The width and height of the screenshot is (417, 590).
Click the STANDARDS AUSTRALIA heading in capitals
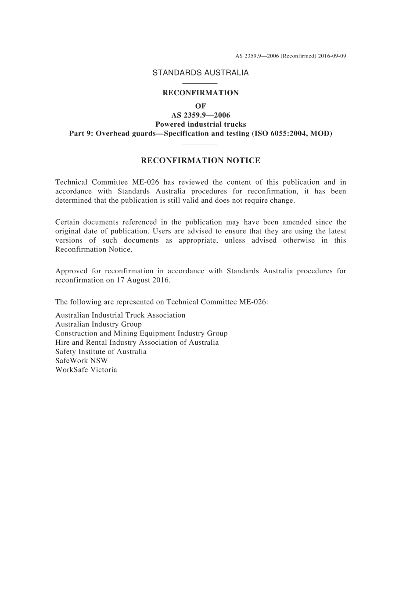pos(201,73)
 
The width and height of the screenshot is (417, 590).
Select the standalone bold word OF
pos(201,106)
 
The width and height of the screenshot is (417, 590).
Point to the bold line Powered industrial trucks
pos(201,124)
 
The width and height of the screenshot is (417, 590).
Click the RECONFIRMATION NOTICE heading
pos(201,161)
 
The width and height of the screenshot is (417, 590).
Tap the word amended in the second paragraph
pos(297,222)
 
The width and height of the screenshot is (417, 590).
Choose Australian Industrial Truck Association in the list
pos(120,315)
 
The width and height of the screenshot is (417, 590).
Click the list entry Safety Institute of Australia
pos(101,351)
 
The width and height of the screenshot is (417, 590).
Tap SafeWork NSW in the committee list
pos(82,361)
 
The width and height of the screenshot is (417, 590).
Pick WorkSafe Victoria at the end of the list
pos(86,370)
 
